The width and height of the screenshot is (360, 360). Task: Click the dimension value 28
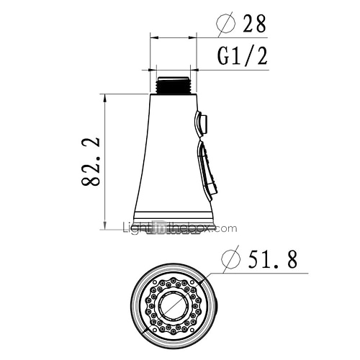[x=254, y=23]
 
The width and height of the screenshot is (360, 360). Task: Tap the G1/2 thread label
[x=242, y=56]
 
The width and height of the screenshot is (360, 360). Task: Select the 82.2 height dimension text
[x=91, y=162]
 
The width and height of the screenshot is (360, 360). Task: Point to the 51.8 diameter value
[x=272, y=259]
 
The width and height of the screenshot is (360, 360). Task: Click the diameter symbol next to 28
[x=226, y=23]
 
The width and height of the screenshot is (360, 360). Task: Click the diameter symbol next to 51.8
[x=230, y=259]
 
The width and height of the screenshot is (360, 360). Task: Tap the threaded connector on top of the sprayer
[x=173, y=85]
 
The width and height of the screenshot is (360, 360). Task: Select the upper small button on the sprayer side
[x=201, y=124]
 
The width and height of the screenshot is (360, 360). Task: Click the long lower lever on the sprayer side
[x=207, y=171]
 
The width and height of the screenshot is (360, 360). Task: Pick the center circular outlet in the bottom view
[x=172, y=305]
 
